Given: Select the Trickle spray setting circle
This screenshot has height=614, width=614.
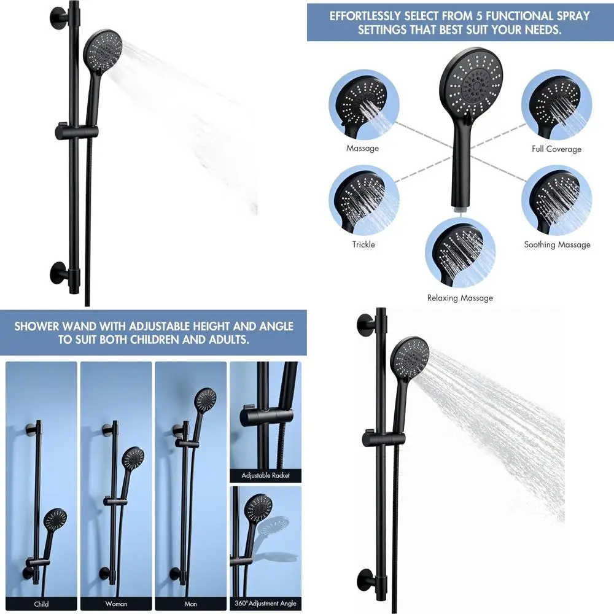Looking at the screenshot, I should pos(363,200).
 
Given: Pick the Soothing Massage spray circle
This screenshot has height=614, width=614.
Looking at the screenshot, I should pos(556,200).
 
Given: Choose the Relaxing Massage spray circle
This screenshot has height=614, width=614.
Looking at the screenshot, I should pos(460,252).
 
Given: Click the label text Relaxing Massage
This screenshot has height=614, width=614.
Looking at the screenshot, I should pos(460,298).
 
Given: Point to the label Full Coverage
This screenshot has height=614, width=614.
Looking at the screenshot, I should pos(556,149).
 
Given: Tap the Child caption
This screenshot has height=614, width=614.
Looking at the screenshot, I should pos(41,604).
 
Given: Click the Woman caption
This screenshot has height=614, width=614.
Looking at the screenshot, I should pos(116,604).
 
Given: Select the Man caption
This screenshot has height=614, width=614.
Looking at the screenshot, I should pos(190,604).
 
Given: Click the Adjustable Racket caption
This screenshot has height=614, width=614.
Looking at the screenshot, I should pos(265,475).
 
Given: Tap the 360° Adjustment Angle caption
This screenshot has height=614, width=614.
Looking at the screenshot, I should pos(265,604).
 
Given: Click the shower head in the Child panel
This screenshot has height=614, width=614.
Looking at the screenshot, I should pos(56,521).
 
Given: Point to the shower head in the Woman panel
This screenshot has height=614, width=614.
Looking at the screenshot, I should pos(134,458).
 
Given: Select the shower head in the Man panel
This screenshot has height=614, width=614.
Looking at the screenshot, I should pos(205,400).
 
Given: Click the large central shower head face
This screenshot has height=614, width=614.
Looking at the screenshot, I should pos(472,81).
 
